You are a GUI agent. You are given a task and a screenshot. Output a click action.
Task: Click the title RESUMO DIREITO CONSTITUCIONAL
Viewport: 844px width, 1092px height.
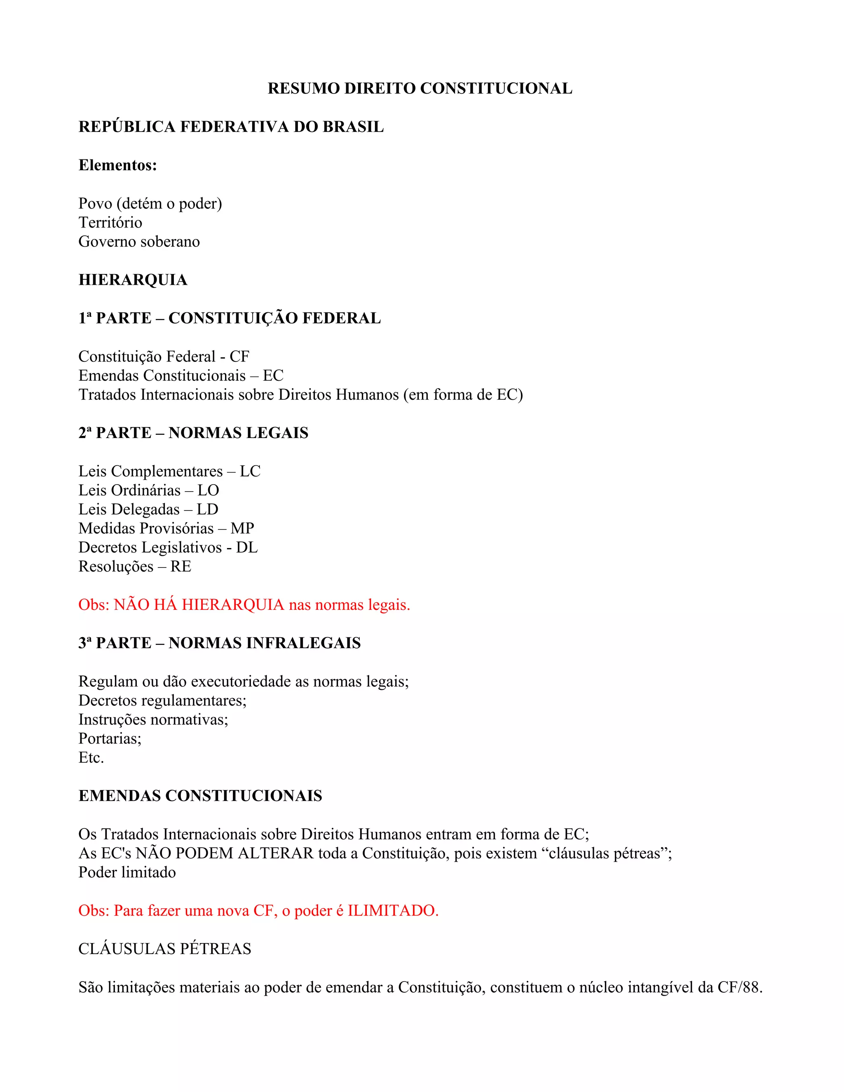click(x=420, y=89)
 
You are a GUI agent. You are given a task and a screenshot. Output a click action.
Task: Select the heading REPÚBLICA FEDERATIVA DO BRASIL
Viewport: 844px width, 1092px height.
click(x=231, y=127)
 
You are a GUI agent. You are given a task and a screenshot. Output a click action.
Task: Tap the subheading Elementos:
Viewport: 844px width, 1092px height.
click(x=117, y=165)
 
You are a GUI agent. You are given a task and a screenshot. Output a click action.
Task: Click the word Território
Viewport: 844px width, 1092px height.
click(x=110, y=223)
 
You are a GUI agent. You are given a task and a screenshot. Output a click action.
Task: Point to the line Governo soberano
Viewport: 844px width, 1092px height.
click(x=139, y=241)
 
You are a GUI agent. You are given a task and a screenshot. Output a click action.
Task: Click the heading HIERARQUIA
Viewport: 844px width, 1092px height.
click(x=133, y=280)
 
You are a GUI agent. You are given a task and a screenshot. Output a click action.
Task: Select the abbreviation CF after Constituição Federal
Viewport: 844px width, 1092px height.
click(x=239, y=356)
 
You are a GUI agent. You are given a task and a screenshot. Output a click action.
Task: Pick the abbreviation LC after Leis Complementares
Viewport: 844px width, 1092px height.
click(x=250, y=471)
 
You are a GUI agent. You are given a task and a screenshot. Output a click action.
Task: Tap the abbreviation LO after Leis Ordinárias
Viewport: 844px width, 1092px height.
click(x=208, y=490)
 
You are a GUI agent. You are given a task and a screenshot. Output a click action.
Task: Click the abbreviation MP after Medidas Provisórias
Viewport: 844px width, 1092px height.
click(x=242, y=529)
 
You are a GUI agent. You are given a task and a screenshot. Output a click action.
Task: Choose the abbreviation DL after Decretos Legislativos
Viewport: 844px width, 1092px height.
click(x=246, y=548)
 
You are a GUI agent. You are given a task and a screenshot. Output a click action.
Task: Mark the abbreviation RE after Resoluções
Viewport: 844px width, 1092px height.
click(x=181, y=567)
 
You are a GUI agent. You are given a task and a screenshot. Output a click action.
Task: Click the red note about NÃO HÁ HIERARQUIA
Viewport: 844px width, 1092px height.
click(x=244, y=605)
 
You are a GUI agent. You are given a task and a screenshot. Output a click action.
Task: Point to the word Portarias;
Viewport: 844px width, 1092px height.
click(x=110, y=738)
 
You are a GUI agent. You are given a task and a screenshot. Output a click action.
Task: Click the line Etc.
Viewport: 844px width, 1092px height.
click(x=91, y=757)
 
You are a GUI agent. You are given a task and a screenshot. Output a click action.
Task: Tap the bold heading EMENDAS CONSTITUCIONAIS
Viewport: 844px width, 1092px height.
click(x=200, y=796)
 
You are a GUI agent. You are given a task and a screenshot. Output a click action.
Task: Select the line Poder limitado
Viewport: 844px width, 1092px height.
click(x=127, y=872)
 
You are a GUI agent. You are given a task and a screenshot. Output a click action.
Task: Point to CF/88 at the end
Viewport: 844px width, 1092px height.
click(x=739, y=987)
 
